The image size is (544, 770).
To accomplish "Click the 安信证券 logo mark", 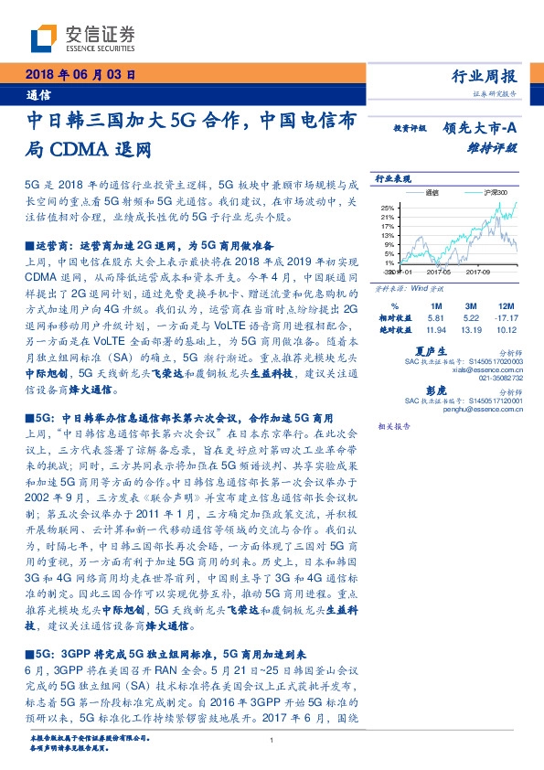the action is point(46,37).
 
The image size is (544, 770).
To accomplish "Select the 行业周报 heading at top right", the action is point(492,77).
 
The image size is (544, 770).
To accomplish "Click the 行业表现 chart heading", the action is point(393,179).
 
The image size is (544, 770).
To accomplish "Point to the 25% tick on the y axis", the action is point(387,208).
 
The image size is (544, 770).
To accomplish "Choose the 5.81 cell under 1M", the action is point(436,318).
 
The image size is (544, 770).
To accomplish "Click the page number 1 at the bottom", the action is point(272,741).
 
